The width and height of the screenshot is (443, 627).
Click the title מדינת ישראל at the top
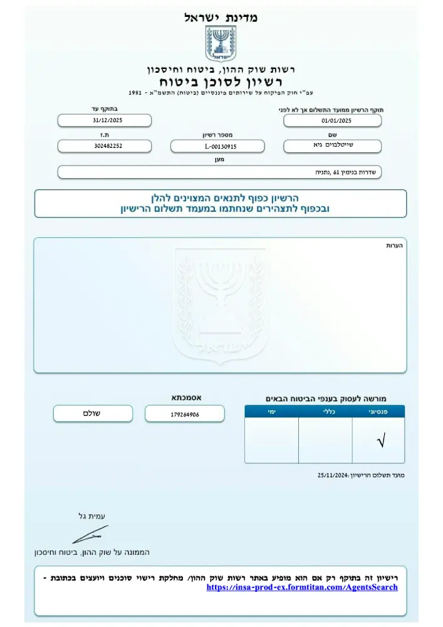tap(221, 18)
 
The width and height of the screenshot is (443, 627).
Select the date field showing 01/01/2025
tap(332, 121)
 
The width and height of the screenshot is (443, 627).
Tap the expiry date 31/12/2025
tap(105, 120)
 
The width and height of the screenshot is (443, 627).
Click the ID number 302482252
tap(105, 145)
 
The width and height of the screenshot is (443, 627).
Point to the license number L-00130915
tap(217, 147)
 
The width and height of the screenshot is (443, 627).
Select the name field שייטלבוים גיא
tap(332, 146)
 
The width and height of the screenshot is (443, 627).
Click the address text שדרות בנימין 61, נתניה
tap(345, 172)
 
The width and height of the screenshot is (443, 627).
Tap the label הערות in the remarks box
tap(395, 246)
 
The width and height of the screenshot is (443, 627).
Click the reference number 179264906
tap(184, 414)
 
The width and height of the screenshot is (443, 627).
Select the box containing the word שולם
tap(93, 414)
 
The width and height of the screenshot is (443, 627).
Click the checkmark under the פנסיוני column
tap(380, 442)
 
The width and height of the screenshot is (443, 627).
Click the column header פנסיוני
tap(378, 411)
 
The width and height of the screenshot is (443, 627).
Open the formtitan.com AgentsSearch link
tap(302, 587)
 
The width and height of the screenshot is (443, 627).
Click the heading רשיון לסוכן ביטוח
tap(221, 82)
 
